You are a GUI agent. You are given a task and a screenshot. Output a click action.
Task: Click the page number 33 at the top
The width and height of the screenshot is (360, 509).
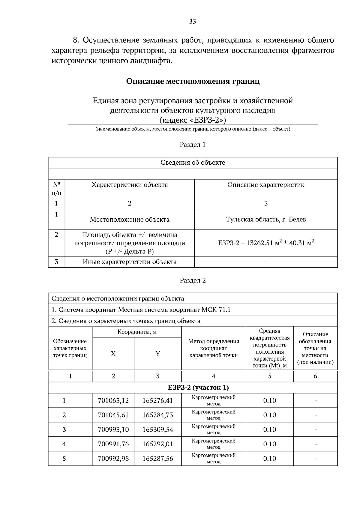click(x=193, y=21)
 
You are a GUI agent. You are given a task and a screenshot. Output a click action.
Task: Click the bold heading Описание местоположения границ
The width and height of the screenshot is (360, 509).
click(x=193, y=81)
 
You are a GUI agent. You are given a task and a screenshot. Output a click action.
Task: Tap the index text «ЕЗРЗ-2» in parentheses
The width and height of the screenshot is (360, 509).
click(x=193, y=120)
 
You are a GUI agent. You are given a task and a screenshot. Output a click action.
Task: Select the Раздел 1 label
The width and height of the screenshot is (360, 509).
click(x=193, y=145)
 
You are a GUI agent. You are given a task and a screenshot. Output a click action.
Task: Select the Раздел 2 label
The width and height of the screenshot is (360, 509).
click(x=193, y=280)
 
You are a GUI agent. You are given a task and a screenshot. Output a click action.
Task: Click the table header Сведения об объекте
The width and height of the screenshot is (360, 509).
click(x=193, y=163)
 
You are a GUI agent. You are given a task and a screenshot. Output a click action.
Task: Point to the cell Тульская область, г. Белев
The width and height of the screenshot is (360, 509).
click(x=266, y=219)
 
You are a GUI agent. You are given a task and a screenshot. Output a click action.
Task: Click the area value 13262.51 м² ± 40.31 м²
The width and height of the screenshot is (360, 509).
click(x=266, y=243)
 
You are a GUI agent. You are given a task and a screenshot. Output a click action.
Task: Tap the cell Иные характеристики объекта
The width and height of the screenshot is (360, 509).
click(x=130, y=262)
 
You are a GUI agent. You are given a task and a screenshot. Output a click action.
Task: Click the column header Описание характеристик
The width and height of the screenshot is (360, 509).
click(x=266, y=185)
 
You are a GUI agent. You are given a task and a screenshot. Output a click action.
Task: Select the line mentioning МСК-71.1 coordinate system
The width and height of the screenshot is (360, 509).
click(x=141, y=310)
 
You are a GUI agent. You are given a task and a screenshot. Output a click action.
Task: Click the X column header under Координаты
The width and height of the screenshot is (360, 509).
click(x=113, y=354)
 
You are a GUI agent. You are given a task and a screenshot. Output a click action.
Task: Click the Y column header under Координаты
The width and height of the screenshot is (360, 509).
click(x=157, y=354)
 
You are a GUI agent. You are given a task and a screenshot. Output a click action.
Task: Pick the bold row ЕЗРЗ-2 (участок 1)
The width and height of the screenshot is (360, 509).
click(x=198, y=388)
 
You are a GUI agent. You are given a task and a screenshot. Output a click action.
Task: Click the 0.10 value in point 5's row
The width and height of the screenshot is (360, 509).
click(x=269, y=458)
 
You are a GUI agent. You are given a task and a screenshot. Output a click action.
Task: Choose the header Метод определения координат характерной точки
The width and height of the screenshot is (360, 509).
click(x=213, y=348)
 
